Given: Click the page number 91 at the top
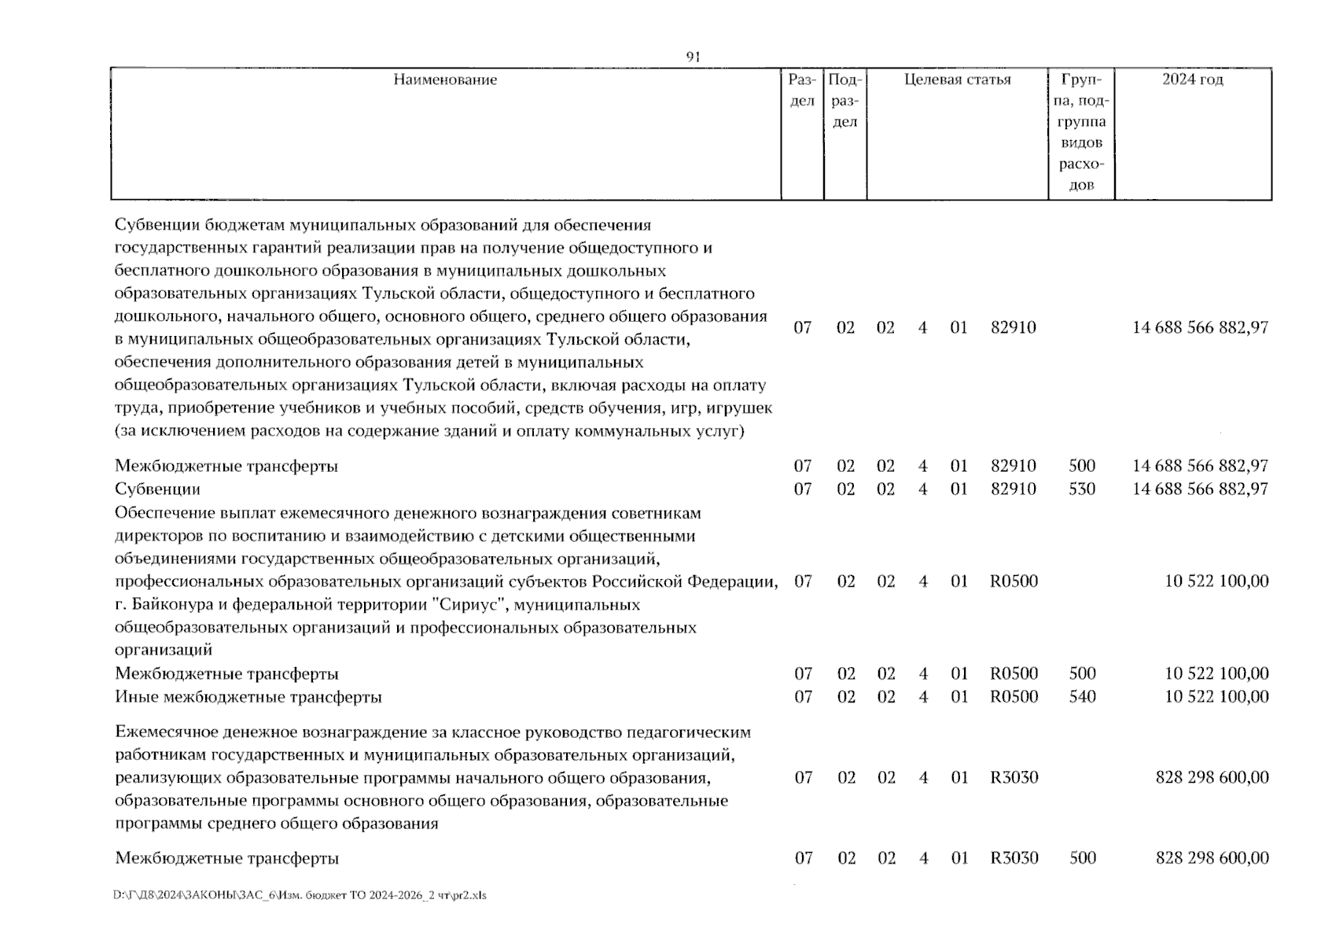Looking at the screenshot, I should pyautogui.click(x=693, y=57).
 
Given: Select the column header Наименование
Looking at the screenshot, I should pyautogui.click(x=445, y=79).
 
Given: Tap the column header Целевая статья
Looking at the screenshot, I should pyautogui.click(x=957, y=79).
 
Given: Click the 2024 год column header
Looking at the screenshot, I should pyautogui.click(x=1192, y=79).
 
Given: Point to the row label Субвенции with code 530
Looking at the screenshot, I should pyautogui.click(x=157, y=489).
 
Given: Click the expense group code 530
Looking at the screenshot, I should pyautogui.click(x=1082, y=489).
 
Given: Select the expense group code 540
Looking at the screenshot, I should pyautogui.click(x=1082, y=697).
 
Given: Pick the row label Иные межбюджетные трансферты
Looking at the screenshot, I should pyautogui.click(x=248, y=697).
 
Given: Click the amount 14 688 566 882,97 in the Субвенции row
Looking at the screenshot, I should pyautogui.click(x=1200, y=489).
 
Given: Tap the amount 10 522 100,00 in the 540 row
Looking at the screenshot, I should pyautogui.click(x=1216, y=697).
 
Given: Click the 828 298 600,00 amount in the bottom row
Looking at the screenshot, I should pyautogui.click(x=1212, y=858).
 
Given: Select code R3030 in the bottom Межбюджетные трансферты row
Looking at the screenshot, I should pyautogui.click(x=1014, y=858).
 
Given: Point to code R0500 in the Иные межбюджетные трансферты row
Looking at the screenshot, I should pyautogui.click(x=1014, y=697).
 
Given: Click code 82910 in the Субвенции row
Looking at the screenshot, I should pyautogui.click(x=1013, y=489).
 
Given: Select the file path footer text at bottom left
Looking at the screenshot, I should pyautogui.click(x=300, y=895).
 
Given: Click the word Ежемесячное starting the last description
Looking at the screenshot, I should pyautogui.click(x=170, y=732).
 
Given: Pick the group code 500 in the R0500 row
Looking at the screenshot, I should pyautogui.click(x=1082, y=674).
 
